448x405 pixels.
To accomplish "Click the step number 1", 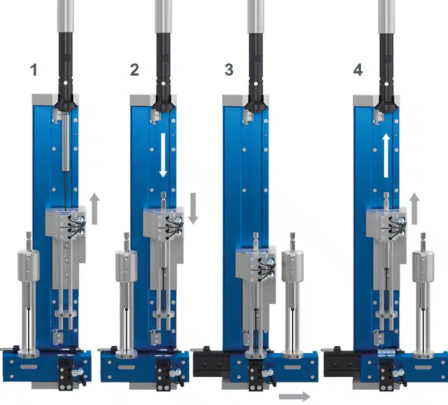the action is coord(34,70).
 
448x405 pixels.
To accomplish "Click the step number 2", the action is coord(134,70).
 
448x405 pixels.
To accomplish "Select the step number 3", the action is coord(229,70).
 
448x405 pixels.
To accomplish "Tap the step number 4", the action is coord(358,70).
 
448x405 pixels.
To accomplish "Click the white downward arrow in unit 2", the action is coord(163,155).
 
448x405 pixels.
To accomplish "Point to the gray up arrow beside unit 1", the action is coord(95,209).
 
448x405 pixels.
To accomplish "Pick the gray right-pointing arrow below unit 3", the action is coord(295,396).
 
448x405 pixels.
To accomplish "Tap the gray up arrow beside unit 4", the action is coord(414,209).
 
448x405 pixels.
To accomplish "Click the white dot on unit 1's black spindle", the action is coord(65,83).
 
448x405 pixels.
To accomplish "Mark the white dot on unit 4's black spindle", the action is coord(386,84).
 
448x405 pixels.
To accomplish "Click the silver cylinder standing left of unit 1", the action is coord(29,265).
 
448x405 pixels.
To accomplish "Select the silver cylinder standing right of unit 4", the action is coord(423,266).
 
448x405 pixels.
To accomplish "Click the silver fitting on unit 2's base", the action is coord(175,372).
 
